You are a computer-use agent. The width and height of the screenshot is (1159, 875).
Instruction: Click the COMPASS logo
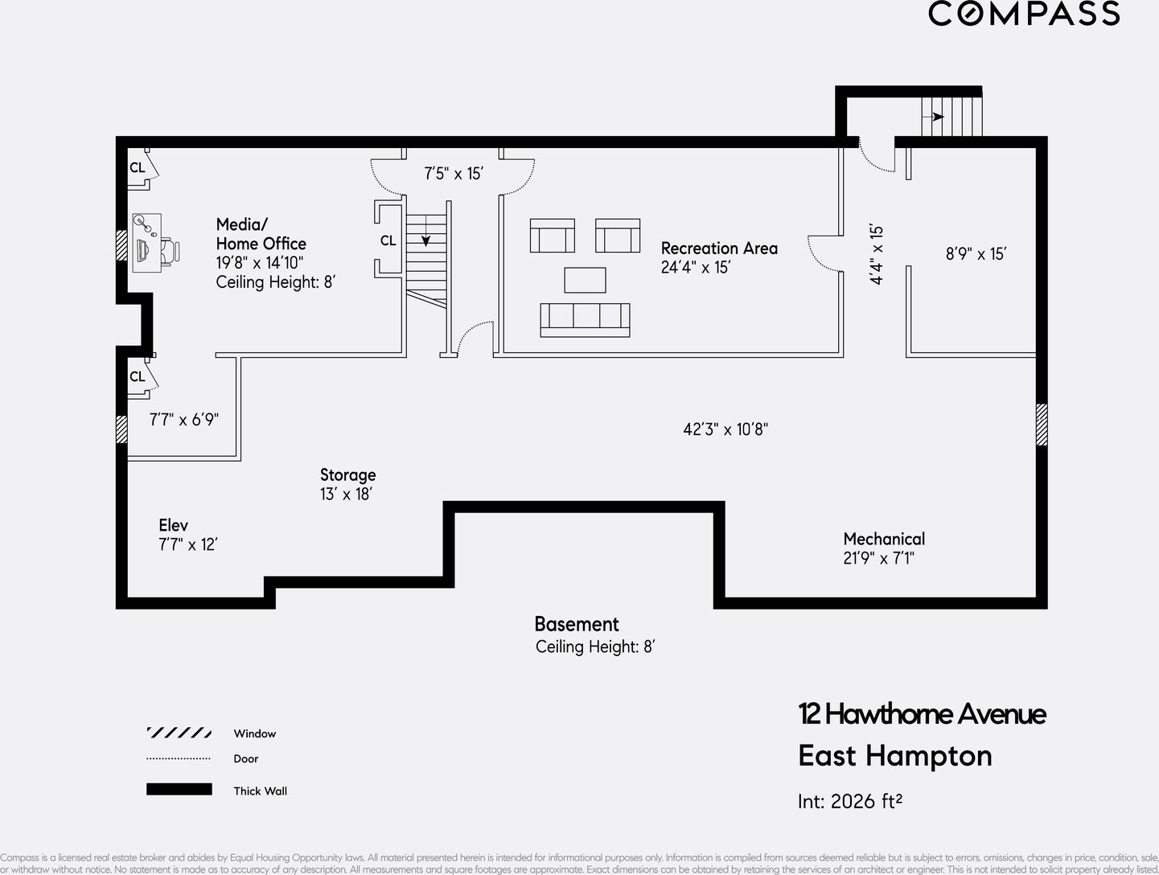(1023, 14)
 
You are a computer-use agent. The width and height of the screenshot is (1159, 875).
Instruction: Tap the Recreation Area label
(719, 249)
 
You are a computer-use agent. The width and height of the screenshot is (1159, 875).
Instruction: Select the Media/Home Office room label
(261, 234)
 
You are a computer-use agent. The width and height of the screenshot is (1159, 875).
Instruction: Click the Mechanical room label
(883, 539)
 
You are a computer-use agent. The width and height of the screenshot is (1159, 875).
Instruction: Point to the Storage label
(347, 475)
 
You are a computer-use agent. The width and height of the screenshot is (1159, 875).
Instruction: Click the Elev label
(173, 525)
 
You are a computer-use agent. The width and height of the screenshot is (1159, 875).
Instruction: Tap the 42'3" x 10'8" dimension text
(725, 429)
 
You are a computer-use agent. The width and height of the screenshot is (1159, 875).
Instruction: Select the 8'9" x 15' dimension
(976, 254)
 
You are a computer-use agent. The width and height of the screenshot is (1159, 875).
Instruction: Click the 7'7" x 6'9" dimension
(184, 419)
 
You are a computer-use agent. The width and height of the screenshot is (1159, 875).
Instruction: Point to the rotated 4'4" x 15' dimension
(876, 254)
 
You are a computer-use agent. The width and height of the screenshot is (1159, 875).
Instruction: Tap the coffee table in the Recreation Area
(585, 280)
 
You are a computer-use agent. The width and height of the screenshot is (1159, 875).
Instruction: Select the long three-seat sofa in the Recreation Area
(585, 319)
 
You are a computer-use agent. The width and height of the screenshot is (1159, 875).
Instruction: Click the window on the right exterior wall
(1042, 424)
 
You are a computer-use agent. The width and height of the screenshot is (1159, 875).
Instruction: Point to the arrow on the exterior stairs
(937, 117)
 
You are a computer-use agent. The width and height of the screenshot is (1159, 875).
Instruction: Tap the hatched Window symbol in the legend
(179, 733)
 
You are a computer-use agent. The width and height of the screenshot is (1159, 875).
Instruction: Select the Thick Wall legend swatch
(179, 790)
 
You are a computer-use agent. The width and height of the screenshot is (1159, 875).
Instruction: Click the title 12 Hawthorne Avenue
(922, 713)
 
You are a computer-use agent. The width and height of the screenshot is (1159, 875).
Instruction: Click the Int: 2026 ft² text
(849, 801)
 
